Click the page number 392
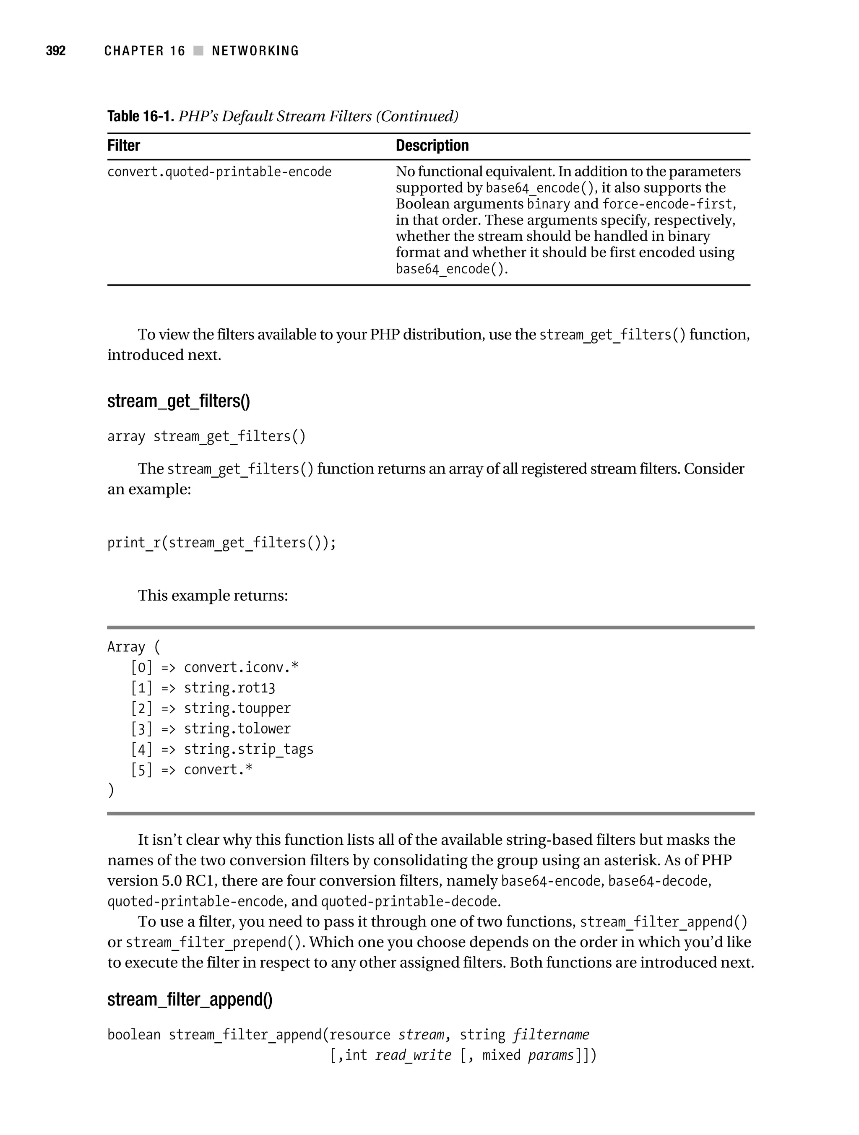point(56,51)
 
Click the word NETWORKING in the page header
point(255,51)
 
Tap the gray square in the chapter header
point(198,51)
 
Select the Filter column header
point(124,146)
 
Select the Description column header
point(432,146)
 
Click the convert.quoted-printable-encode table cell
point(219,172)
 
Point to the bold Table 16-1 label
point(141,117)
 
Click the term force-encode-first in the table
point(667,204)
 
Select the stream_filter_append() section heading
point(190,1000)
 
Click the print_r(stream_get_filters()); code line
point(222,543)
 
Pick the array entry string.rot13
point(229,688)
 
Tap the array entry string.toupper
point(237,708)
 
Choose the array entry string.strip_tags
point(248,750)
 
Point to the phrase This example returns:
point(213,596)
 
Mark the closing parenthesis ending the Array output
point(111,790)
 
